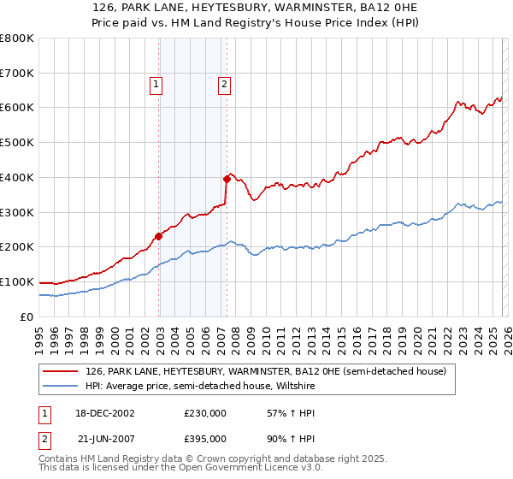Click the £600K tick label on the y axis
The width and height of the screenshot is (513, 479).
(17, 108)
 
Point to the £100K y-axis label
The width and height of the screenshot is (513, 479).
(17, 281)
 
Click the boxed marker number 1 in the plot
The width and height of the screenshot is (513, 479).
(157, 84)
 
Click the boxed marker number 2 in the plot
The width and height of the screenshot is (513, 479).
(224, 84)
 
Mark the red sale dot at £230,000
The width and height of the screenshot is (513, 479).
(159, 236)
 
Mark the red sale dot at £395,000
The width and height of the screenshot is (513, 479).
(227, 179)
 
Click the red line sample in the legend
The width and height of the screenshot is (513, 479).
(60, 371)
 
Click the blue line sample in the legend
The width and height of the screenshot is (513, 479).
(60, 386)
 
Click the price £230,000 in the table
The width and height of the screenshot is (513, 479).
(205, 413)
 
